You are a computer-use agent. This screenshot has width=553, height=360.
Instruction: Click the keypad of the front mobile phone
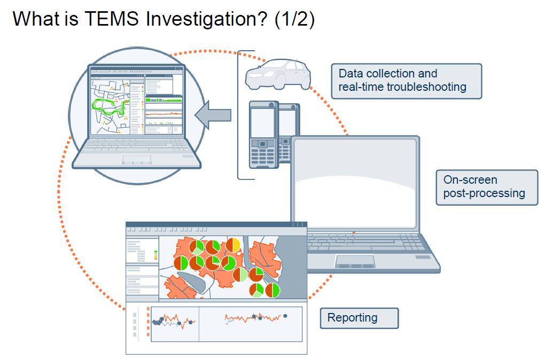click(262, 155)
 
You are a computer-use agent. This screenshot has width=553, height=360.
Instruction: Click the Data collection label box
click(406, 81)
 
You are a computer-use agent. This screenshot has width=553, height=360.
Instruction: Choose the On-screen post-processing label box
click(487, 187)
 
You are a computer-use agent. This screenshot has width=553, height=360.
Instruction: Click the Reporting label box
click(359, 318)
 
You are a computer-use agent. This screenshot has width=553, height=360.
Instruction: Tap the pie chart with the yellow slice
click(233, 245)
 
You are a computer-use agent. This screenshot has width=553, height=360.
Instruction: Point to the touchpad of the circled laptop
click(136, 159)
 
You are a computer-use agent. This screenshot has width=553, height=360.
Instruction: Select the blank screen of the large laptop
click(355, 182)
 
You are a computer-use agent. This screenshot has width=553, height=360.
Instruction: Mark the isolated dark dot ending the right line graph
click(285, 316)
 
